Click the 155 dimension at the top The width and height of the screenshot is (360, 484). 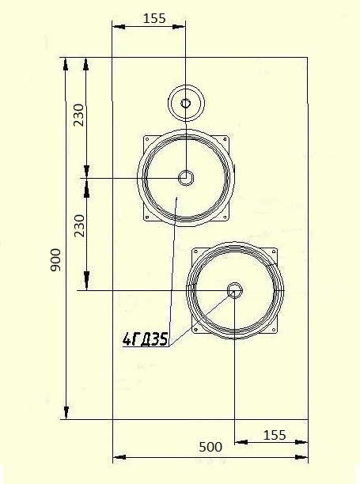pyautogui.click(x=154, y=18)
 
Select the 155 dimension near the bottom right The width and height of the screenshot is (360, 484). pyautogui.click(x=275, y=435)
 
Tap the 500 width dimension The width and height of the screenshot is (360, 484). pyautogui.click(x=210, y=447)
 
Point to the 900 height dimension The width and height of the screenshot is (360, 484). pyautogui.click(x=56, y=259)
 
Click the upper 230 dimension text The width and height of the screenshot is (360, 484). pyautogui.click(x=78, y=115)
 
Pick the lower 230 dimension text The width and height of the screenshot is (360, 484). pyautogui.click(x=79, y=225)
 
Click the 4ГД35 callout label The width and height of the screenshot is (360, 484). pyautogui.click(x=146, y=339)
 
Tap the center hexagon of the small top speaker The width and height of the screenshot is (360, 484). pyautogui.click(x=186, y=103)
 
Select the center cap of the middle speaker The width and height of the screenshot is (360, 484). pyautogui.click(x=186, y=178)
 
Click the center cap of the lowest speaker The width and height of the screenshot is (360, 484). pyautogui.click(x=235, y=290)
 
